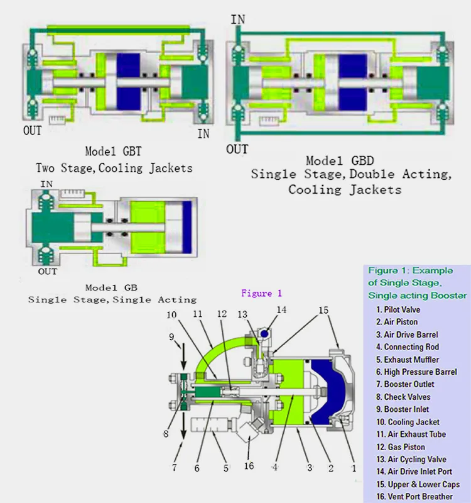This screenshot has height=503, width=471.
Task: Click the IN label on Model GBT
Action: point(203,133)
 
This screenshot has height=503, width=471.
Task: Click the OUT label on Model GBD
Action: point(237,149)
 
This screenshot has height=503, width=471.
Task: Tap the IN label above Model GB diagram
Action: point(46,184)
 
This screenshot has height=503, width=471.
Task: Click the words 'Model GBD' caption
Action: point(340,161)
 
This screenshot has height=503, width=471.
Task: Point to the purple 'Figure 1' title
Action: point(262,294)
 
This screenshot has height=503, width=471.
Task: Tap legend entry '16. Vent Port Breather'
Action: point(414,497)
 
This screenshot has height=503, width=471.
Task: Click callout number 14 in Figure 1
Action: point(281,309)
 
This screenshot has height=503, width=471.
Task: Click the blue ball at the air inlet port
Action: point(265,334)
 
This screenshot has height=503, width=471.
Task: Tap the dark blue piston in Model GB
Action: point(187,224)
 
